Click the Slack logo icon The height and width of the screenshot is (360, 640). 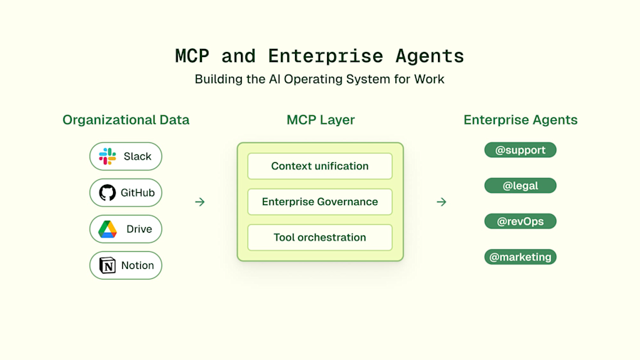pyautogui.click(x=107, y=157)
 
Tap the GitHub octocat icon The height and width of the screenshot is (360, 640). pyautogui.click(x=107, y=193)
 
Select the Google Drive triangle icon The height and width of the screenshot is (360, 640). pyautogui.click(x=107, y=229)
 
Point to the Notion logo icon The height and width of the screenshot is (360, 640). pyautogui.click(x=107, y=265)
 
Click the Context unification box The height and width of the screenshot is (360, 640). pyautogui.click(x=320, y=166)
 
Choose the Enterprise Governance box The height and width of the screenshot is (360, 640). pyautogui.click(x=320, y=202)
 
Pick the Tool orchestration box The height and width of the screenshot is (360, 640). pyautogui.click(x=320, y=238)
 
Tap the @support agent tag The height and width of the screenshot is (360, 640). pyautogui.click(x=520, y=150)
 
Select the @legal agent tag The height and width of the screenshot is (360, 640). pyautogui.click(x=520, y=186)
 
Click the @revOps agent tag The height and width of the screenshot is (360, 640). pyautogui.click(x=520, y=221)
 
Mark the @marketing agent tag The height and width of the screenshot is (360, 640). pyautogui.click(x=520, y=257)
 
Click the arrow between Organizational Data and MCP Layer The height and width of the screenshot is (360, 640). pyautogui.click(x=200, y=202)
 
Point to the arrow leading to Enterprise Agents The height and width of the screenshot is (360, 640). pyautogui.click(x=442, y=202)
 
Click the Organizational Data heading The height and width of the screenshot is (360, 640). pyautogui.click(x=126, y=120)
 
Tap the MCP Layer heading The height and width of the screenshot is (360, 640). pyautogui.click(x=320, y=120)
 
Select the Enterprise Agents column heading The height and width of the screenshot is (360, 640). pyautogui.click(x=521, y=120)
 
